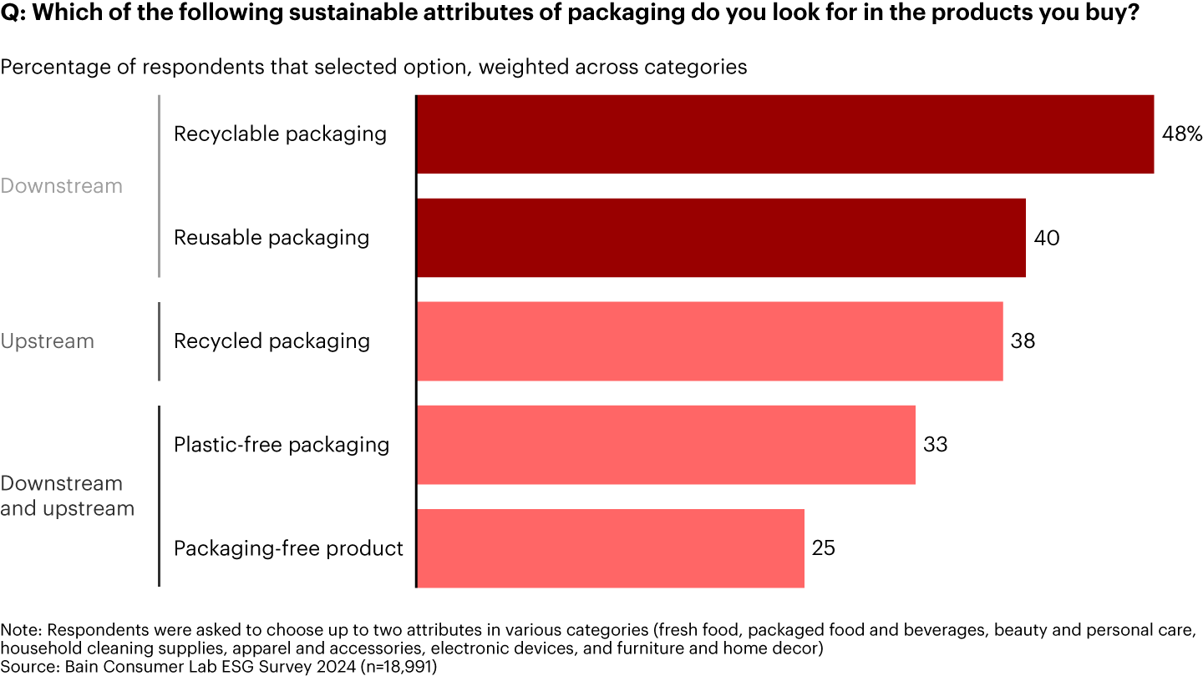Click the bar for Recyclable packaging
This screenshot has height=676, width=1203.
point(784,134)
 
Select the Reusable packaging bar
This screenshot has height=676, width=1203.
point(720,238)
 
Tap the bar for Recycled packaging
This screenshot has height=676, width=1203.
point(709,341)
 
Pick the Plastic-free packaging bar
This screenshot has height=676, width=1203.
point(665,445)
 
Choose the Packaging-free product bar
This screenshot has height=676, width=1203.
point(610,548)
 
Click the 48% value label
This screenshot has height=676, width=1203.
point(1181,134)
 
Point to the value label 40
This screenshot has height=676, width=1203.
point(1046,238)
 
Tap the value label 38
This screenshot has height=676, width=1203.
point(1023,341)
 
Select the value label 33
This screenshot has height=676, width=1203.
point(935,445)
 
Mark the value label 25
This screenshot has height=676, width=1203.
point(823,548)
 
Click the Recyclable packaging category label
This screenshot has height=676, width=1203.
point(280,134)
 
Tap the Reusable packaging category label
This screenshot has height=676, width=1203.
point(271,238)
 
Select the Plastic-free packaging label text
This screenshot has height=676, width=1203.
point(281,445)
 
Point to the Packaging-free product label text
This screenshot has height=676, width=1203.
point(288,548)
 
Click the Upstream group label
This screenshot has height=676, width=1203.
point(47,341)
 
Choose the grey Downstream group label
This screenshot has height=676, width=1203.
point(61,186)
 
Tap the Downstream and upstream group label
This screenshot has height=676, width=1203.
point(67,496)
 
